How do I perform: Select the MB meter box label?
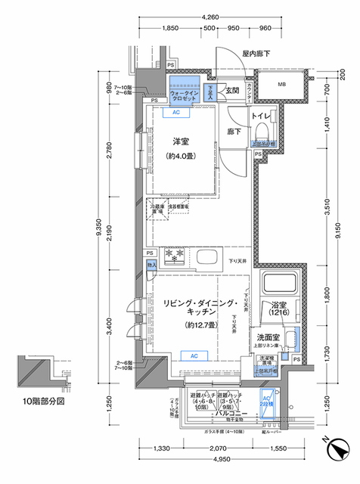281,85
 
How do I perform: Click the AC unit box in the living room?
194,355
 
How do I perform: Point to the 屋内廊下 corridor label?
256,54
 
